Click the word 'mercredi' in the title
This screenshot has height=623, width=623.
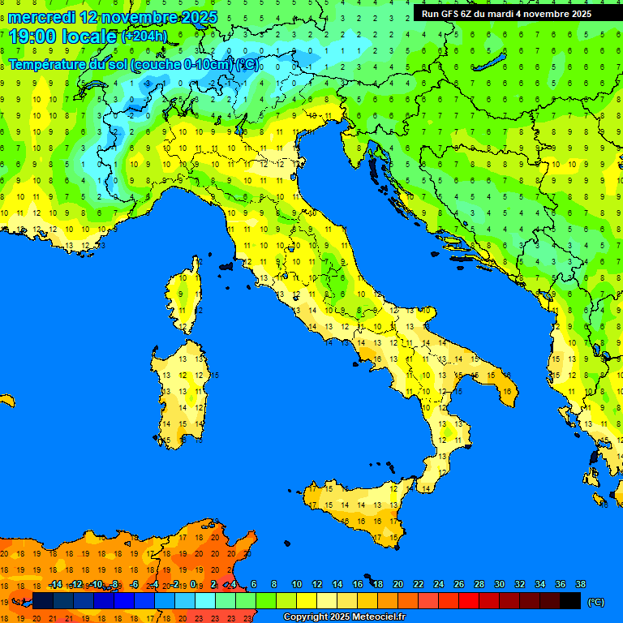pos(41,17)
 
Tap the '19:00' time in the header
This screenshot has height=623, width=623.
pos(33,36)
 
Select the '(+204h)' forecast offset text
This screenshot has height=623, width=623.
pos(144,36)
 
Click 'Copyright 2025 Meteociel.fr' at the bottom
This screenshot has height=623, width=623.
pos(344,617)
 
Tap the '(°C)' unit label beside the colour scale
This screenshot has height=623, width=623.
pos(595,602)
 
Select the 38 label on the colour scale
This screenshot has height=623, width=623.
pos(580,585)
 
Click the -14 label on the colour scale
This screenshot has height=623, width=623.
pos(55,585)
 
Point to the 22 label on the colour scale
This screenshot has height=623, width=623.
pos(419,585)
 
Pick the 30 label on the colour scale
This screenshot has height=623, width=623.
pos(500,585)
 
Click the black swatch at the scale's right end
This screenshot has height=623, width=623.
pos(570,600)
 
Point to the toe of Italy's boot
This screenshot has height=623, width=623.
pos(430,479)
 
